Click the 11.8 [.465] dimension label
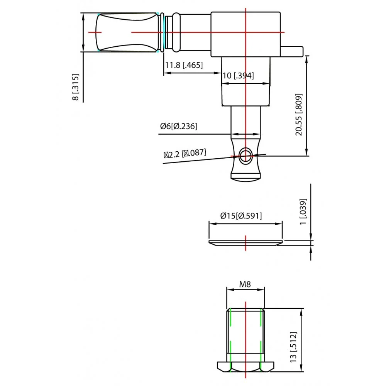184,65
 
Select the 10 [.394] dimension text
238,76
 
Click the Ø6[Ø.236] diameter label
179,126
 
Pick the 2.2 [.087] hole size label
185,154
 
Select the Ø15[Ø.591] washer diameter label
241,216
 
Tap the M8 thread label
245,284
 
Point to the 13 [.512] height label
294,347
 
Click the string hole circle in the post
245,156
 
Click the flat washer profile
245,242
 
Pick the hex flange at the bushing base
245,366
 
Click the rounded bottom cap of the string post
245,177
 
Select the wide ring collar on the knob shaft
176,32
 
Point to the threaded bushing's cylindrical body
245,334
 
